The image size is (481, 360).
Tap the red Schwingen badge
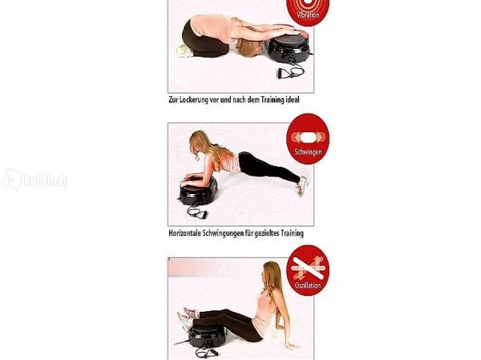308,139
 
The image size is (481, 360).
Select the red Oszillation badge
308,270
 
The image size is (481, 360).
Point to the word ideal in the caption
293,99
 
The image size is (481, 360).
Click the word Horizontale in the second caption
184,233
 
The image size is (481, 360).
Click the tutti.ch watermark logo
35,180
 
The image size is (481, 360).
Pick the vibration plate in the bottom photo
208,336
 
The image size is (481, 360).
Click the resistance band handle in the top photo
281,74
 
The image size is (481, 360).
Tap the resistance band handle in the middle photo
203,215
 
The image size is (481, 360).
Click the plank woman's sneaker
301,186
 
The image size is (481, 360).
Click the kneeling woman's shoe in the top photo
185,51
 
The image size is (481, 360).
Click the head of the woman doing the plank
197,145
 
